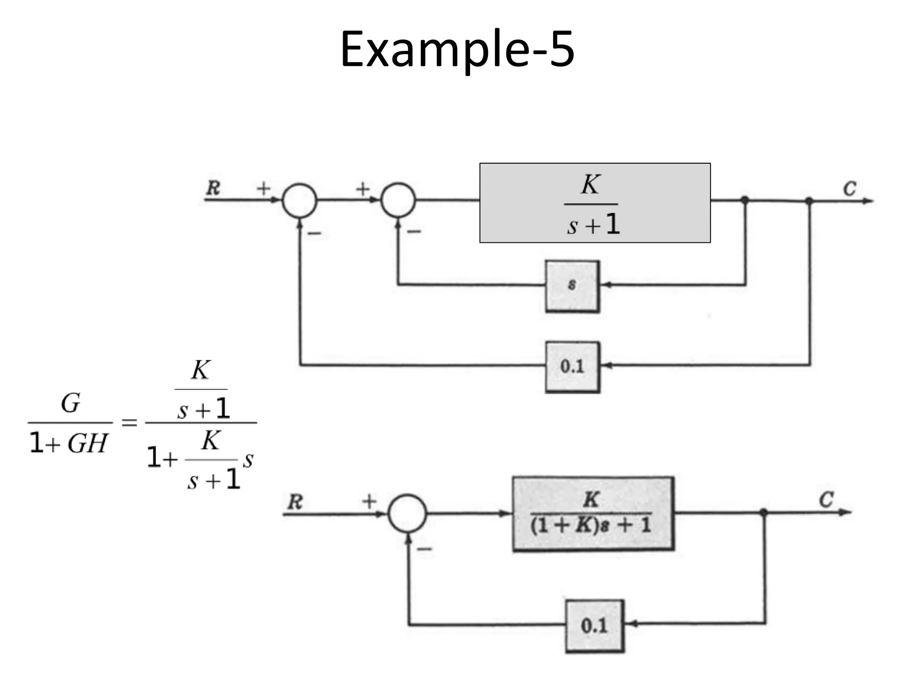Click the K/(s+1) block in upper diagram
595,203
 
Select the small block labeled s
572,286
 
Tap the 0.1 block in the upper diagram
572,367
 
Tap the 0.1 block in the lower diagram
594,626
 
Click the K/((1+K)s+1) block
593,513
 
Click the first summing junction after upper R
299,200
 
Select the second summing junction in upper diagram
398,200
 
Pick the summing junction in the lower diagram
407,513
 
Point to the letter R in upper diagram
213,188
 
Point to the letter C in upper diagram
849,189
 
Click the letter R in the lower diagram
295,501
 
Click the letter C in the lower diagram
826,499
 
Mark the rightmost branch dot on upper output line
809,201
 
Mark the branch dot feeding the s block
745,200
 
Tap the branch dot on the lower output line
764,512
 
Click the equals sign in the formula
129,422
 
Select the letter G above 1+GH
71,403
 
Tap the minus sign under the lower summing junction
424,549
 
